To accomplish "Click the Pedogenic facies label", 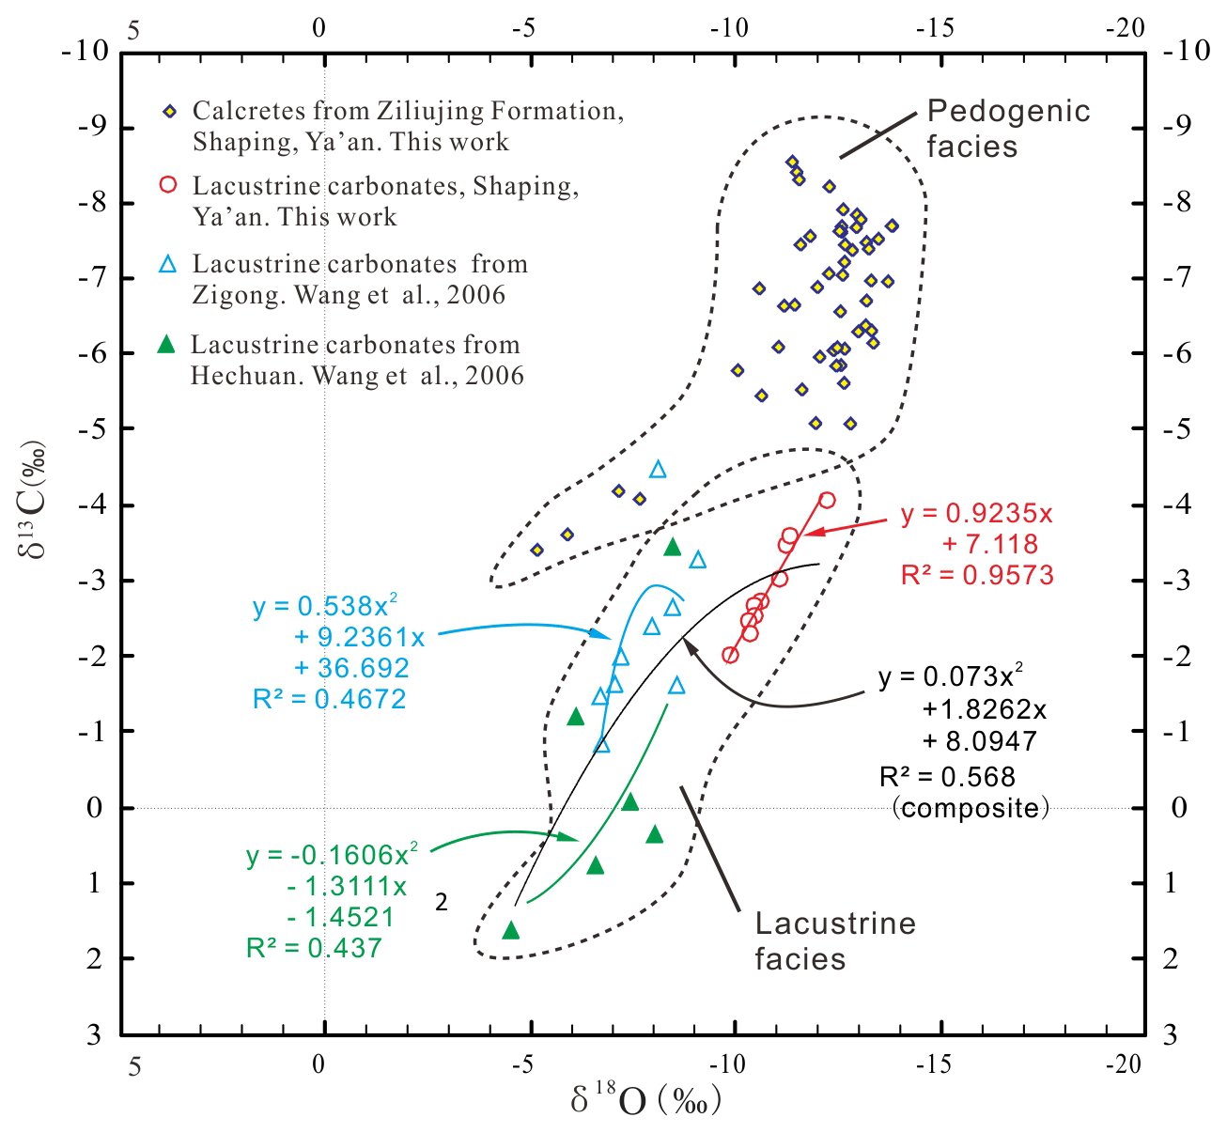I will pyautogui.click(x=1007, y=129).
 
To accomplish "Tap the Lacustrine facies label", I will pyautogui.click(x=834, y=940).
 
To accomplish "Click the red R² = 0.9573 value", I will pyautogui.click(x=977, y=575).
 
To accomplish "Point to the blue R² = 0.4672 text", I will pyautogui.click(x=329, y=699).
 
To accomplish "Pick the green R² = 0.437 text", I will pyautogui.click(x=314, y=948).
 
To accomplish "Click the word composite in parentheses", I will pyautogui.click(x=971, y=808).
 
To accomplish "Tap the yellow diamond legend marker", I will pyautogui.click(x=169, y=112).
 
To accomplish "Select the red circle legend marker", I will pyautogui.click(x=168, y=184).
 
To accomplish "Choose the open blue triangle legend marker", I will pyautogui.click(x=168, y=264).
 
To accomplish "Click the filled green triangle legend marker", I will pyautogui.click(x=166, y=344).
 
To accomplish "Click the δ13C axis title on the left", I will pyautogui.click(x=34, y=501).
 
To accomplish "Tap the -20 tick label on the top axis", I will pyautogui.click(x=1125, y=28).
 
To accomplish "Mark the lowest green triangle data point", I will pyautogui.click(x=511, y=930).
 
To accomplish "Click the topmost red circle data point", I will pyautogui.click(x=827, y=500).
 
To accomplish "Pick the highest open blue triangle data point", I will pyautogui.click(x=658, y=469).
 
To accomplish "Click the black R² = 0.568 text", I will pyautogui.click(x=947, y=777).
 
